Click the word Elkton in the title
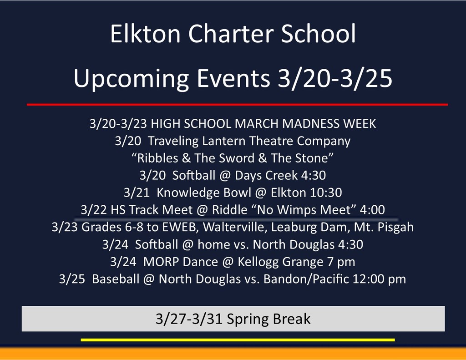tap(145, 33)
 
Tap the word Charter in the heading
tap(231, 33)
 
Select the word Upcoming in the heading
tap(131, 79)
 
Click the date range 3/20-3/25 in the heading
tap(334, 78)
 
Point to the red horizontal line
tap(237, 104)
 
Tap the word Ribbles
tap(157, 158)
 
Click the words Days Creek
tap(266, 175)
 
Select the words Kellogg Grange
tap(280, 262)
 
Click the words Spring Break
tap(268, 319)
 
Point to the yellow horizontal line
tap(238, 340)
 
